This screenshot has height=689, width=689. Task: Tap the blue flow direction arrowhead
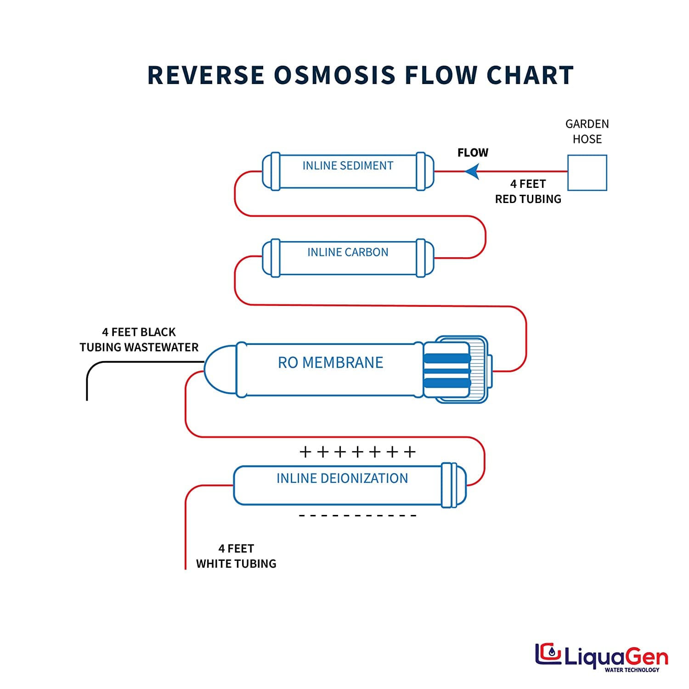tap(472, 172)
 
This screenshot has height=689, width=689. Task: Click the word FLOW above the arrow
tap(473, 152)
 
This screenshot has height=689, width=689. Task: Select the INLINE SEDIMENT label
tap(348, 166)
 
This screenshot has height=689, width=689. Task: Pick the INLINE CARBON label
tap(348, 252)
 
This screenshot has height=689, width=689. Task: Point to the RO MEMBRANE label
tap(330, 362)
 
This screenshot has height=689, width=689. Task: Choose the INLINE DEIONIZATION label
tap(342, 478)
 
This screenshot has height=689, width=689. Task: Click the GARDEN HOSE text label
tap(587, 131)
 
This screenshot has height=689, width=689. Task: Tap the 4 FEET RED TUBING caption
tap(528, 191)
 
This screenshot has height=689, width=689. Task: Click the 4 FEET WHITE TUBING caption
tap(236, 556)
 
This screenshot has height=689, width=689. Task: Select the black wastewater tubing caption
tap(139, 339)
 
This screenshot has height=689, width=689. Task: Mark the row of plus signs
tap(357, 452)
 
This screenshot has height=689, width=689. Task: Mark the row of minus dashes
tap(357, 516)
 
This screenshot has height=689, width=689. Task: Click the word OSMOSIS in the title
tap(334, 75)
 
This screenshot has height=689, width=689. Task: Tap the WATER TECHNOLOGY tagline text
tap(632, 670)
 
